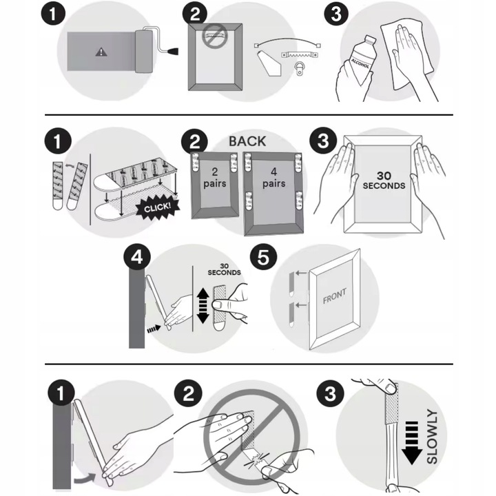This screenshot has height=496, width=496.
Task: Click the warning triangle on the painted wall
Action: click(101, 52)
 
